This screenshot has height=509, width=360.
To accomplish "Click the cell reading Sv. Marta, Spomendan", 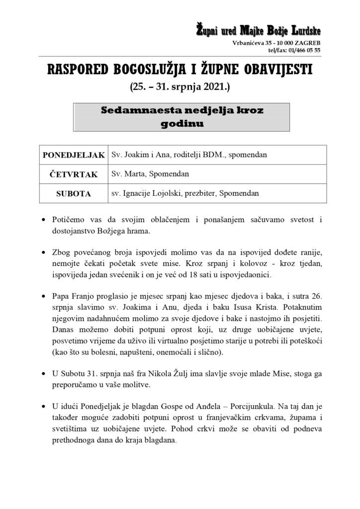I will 145,174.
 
